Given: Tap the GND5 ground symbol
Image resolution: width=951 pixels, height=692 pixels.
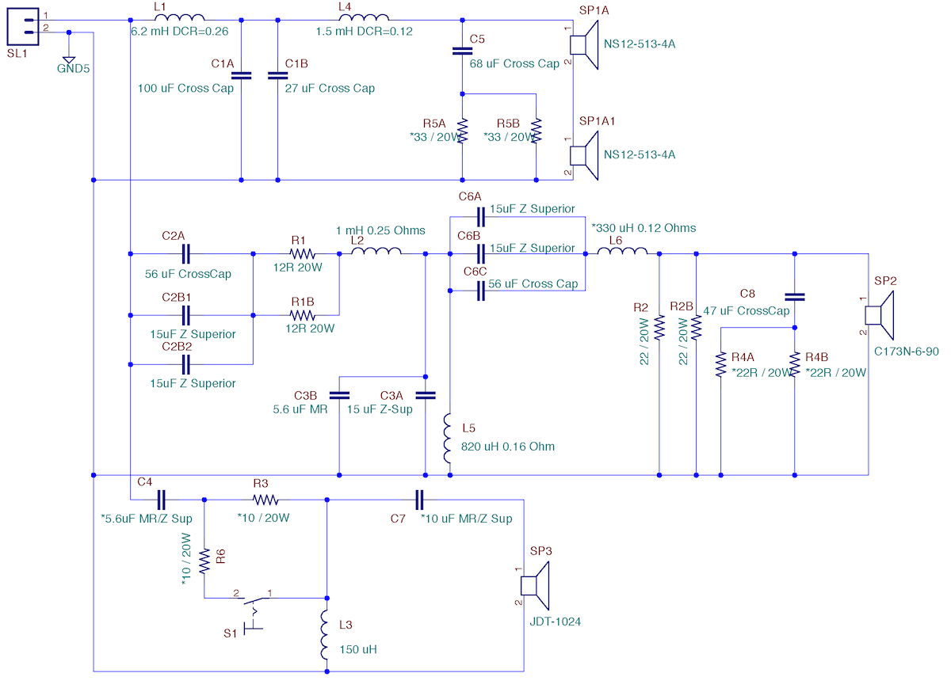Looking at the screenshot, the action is point(69,60).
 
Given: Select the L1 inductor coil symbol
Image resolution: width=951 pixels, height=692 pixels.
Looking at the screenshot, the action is point(180,17).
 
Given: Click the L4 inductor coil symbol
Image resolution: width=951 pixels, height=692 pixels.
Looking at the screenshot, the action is point(364,17).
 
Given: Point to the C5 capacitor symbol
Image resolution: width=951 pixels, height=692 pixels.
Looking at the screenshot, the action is point(462,51).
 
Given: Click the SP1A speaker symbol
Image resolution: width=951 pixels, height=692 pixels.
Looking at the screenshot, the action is point(584,45).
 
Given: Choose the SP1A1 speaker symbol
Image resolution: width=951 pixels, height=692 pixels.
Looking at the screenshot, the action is point(584,156).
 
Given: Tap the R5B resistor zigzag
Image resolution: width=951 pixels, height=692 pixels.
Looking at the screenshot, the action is point(537,131).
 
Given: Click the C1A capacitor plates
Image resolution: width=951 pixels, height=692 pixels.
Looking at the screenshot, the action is point(241,75).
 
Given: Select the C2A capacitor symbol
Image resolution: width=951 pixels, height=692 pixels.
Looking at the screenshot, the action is point(185,253).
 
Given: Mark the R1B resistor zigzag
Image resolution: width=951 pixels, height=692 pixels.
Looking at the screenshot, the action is point(302,315).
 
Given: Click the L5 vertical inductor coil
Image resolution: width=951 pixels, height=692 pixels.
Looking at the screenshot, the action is point(447,439).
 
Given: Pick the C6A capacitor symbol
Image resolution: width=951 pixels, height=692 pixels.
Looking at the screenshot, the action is point(480,217).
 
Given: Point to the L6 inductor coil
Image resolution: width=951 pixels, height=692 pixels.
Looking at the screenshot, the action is point(622,251).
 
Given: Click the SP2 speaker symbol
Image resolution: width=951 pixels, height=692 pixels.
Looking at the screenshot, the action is point(880,315).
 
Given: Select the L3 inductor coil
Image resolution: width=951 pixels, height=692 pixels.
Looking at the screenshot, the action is point(324,635).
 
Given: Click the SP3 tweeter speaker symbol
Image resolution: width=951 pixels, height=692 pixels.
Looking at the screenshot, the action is point(535,586).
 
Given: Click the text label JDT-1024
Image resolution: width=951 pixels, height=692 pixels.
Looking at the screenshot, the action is point(556,622).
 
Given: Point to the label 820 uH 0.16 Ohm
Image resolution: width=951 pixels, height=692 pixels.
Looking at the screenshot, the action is point(508,447).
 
